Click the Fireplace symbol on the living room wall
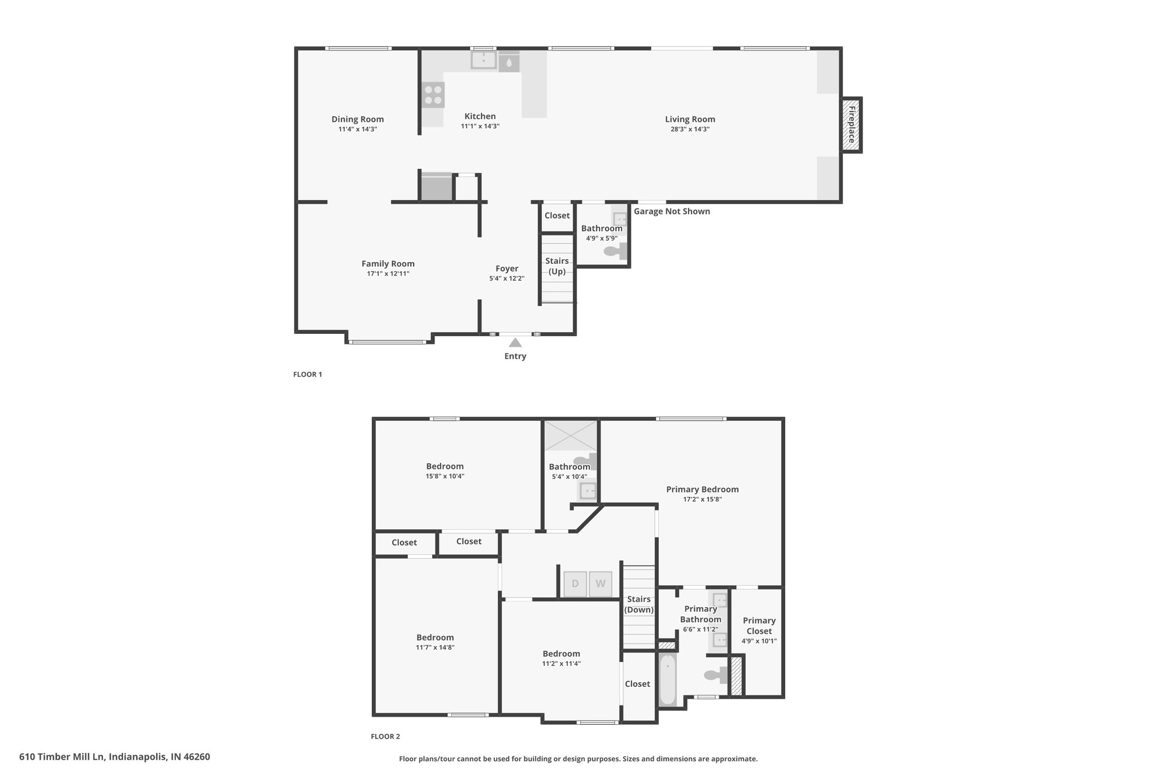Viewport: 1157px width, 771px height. [x=851, y=124]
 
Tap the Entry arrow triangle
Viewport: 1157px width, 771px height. [x=515, y=342]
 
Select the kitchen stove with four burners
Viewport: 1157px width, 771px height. [x=433, y=95]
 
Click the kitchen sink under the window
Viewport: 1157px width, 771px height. [x=484, y=60]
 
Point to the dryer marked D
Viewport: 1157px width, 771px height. [x=575, y=584]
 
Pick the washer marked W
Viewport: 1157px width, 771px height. [x=601, y=584]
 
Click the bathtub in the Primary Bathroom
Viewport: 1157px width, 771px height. [x=668, y=679]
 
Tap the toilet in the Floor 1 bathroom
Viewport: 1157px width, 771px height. [x=615, y=251]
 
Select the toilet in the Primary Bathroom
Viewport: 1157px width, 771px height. [x=716, y=674]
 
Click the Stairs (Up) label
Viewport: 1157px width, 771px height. [x=557, y=266]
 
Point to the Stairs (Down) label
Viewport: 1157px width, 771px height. [x=639, y=604]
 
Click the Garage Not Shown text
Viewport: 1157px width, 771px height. [x=672, y=211]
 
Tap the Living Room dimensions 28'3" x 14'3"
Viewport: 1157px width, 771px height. [x=690, y=129]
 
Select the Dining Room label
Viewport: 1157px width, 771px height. [x=358, y=119]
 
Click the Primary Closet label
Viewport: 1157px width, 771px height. [x=759, y=626]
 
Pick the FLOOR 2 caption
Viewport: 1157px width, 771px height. [x=385, y=737]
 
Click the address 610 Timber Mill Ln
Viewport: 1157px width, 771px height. [x=62, y=757]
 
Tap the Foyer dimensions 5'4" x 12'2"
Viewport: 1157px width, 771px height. [x=507, y=278]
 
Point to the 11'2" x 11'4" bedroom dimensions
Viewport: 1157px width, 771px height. [x=562, y=664]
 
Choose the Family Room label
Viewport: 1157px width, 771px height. [x=388, y=264]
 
